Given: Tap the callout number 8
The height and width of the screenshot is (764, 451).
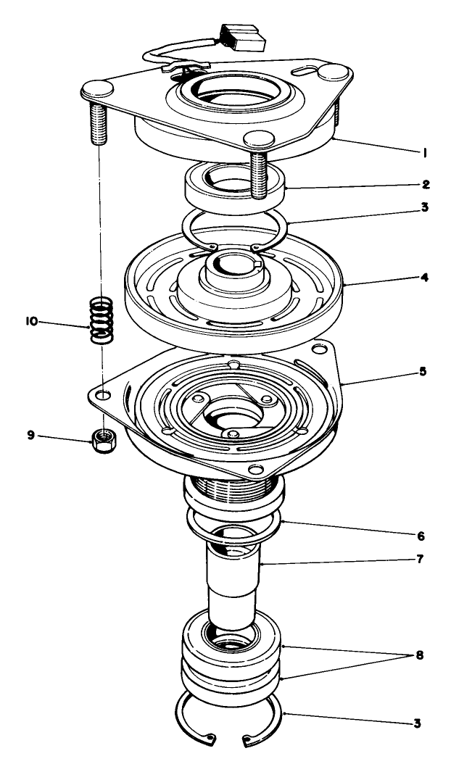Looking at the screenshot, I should (419, 656).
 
